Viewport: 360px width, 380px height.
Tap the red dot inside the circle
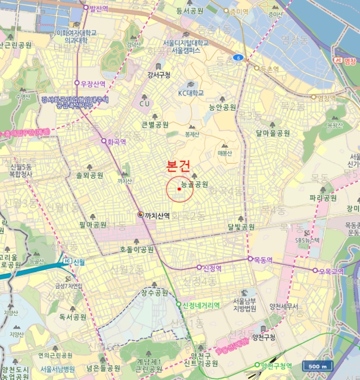click(x=179, y=189)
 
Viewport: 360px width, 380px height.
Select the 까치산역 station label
click(x=157, y=216)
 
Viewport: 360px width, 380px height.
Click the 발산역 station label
click(x=99, y=8)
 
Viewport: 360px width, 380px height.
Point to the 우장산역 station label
click(x=93, y=84)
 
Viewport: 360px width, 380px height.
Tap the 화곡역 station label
click(x=117, y=142)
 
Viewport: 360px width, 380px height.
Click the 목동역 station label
click(x=263, y=259)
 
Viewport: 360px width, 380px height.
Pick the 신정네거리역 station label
click(x=201, y=305)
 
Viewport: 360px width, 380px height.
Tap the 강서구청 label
click(x=159, y=74)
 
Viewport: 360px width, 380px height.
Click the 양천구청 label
click(x=264, y=338)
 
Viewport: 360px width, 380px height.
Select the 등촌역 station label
click(x=269, y=69)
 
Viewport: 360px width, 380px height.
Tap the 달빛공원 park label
click(x=241, y=227)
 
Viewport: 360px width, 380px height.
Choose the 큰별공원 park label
click(x=155, y=124)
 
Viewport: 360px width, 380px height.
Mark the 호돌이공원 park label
click(x=137, y=250)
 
